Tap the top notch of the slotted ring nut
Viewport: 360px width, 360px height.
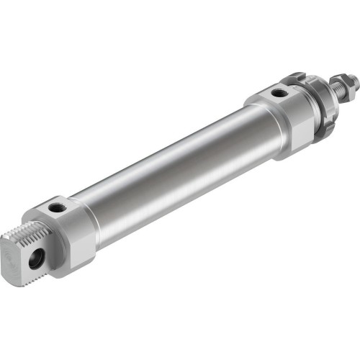point(296,76)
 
